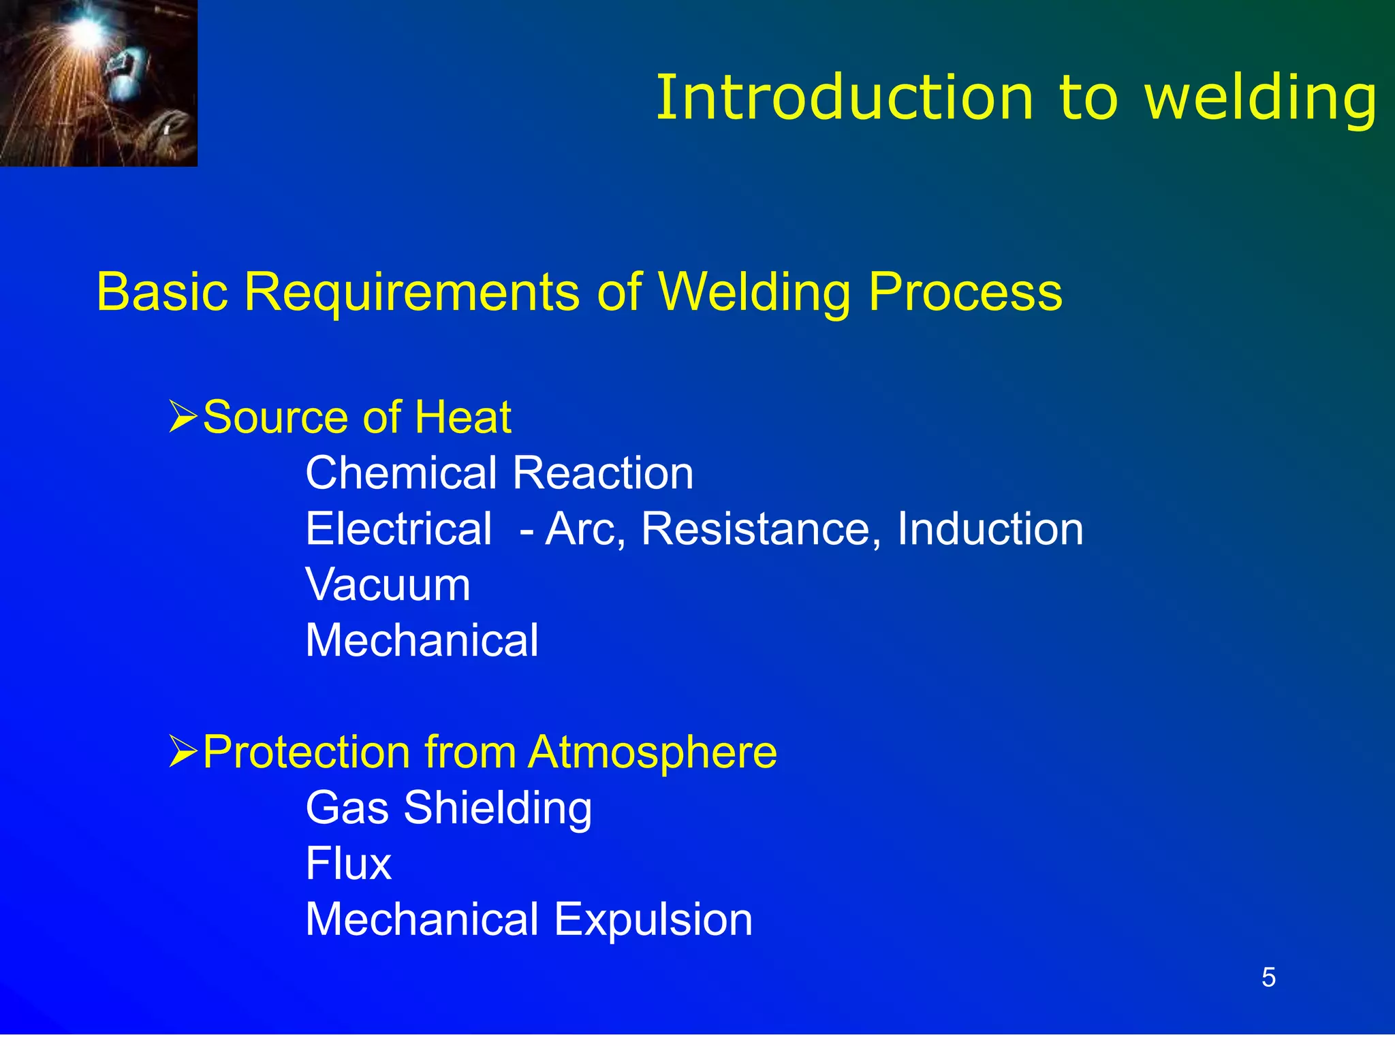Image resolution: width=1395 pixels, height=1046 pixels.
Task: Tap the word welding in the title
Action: click(x=1261, y=99)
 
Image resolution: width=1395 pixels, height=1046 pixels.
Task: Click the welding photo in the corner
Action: click(x=98, y=82)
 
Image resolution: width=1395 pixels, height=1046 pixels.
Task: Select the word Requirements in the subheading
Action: click(x=411, y=292)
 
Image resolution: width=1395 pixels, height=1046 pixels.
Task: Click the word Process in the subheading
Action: click(x=965, y=292)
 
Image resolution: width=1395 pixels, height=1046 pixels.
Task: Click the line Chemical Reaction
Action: click(x=499, y=473)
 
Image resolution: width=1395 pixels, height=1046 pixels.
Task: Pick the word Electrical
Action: click(x=398, y=528)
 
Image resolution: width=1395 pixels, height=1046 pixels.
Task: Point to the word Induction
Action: click(x=990, y=528)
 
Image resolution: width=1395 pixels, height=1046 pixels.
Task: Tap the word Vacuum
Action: click(x=388, y=584)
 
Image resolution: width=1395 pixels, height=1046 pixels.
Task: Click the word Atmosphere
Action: click(x=652, y=752)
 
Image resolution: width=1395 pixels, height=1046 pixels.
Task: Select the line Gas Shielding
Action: click(x=449, y=808)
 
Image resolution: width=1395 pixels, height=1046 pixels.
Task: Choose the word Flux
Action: click(x=349, y=863)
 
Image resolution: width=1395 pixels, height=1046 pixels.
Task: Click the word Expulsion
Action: click(x=653, y=919)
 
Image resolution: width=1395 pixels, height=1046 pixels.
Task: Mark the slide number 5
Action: click(x=1268, y=978)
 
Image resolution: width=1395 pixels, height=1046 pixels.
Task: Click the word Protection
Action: click(x=307, y=752)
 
